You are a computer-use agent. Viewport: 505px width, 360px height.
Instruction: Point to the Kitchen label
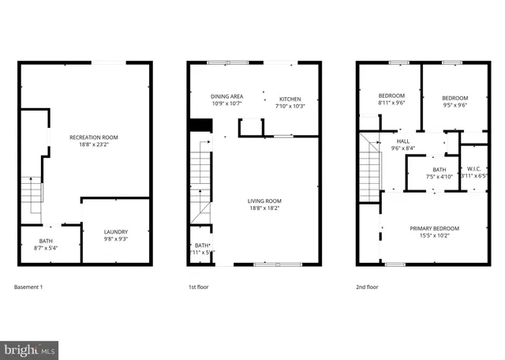[x=288, y=99]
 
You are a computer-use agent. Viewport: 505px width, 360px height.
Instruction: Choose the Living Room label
[x=264, y=201]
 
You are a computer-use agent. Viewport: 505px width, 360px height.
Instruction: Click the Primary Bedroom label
[x=434, y=228]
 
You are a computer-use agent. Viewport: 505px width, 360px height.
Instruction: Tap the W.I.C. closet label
[x=473, y=168]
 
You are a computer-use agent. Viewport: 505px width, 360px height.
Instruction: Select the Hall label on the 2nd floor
[x=402, y=141]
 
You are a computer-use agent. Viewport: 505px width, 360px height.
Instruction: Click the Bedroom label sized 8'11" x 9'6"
[x=391, y=96]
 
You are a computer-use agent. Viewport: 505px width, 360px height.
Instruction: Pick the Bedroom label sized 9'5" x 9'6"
[x=454, y=97]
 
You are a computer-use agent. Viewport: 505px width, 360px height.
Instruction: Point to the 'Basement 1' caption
[x=29, y=287]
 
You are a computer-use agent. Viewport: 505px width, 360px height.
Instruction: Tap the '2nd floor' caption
[x=367, y=287]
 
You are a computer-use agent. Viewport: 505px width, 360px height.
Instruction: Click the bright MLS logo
[x=30, y=347]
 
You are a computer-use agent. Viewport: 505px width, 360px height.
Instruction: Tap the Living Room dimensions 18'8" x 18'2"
[x=264, y=208]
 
